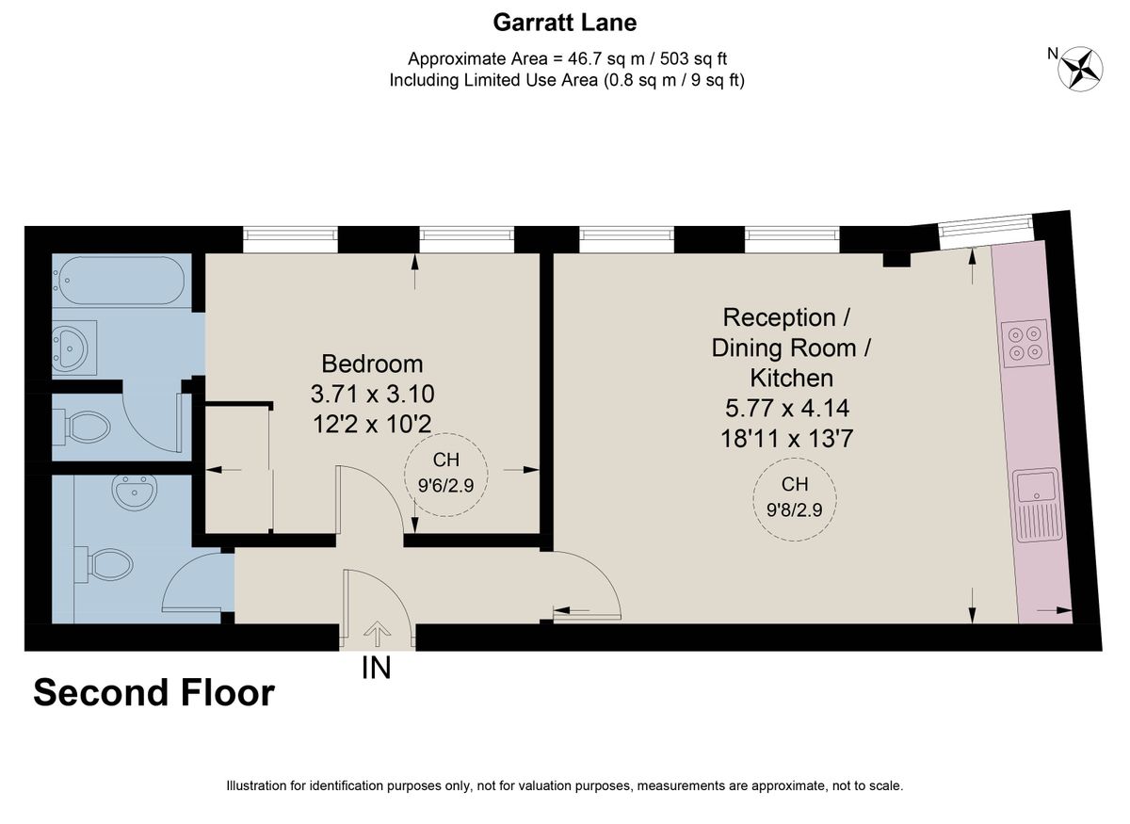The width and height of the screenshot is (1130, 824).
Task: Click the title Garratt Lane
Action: coord(565,21)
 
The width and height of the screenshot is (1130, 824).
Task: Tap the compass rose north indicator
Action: coord(1081,68)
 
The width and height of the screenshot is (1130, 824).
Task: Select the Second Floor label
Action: coord(153,693)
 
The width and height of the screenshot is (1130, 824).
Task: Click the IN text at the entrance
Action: coord(377,668)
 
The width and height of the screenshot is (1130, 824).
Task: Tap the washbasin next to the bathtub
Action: coord(73,347)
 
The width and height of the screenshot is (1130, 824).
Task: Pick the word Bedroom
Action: coord(372,364)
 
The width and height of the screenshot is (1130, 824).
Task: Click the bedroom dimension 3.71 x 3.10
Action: coord(372,394)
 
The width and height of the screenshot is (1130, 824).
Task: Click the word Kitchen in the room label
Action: coord(791,379)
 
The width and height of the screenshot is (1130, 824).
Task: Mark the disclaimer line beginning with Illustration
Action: coord(565,785)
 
